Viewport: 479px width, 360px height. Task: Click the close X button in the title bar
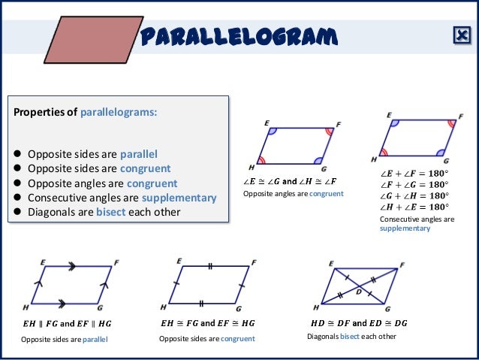pyautogui.click(x=460, y=35)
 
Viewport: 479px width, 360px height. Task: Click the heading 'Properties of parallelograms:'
pyautogui.click(x=84, y=113)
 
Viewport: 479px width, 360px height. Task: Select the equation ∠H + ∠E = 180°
pyautogui.click(x=414, y=206)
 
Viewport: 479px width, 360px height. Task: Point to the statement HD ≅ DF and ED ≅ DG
pyautogui.click(x=359, y=323)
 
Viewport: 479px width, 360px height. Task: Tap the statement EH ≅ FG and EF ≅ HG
pyautogui.click(x=208, y=323)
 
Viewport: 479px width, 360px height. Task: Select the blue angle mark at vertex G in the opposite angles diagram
pyautogui.click(x=318, y=159)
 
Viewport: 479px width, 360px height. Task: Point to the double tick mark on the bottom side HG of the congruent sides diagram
pyautogui.click(x=202, y=304)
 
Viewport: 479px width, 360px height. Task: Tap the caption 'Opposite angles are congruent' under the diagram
pyautogui.click(x=293, y=194)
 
